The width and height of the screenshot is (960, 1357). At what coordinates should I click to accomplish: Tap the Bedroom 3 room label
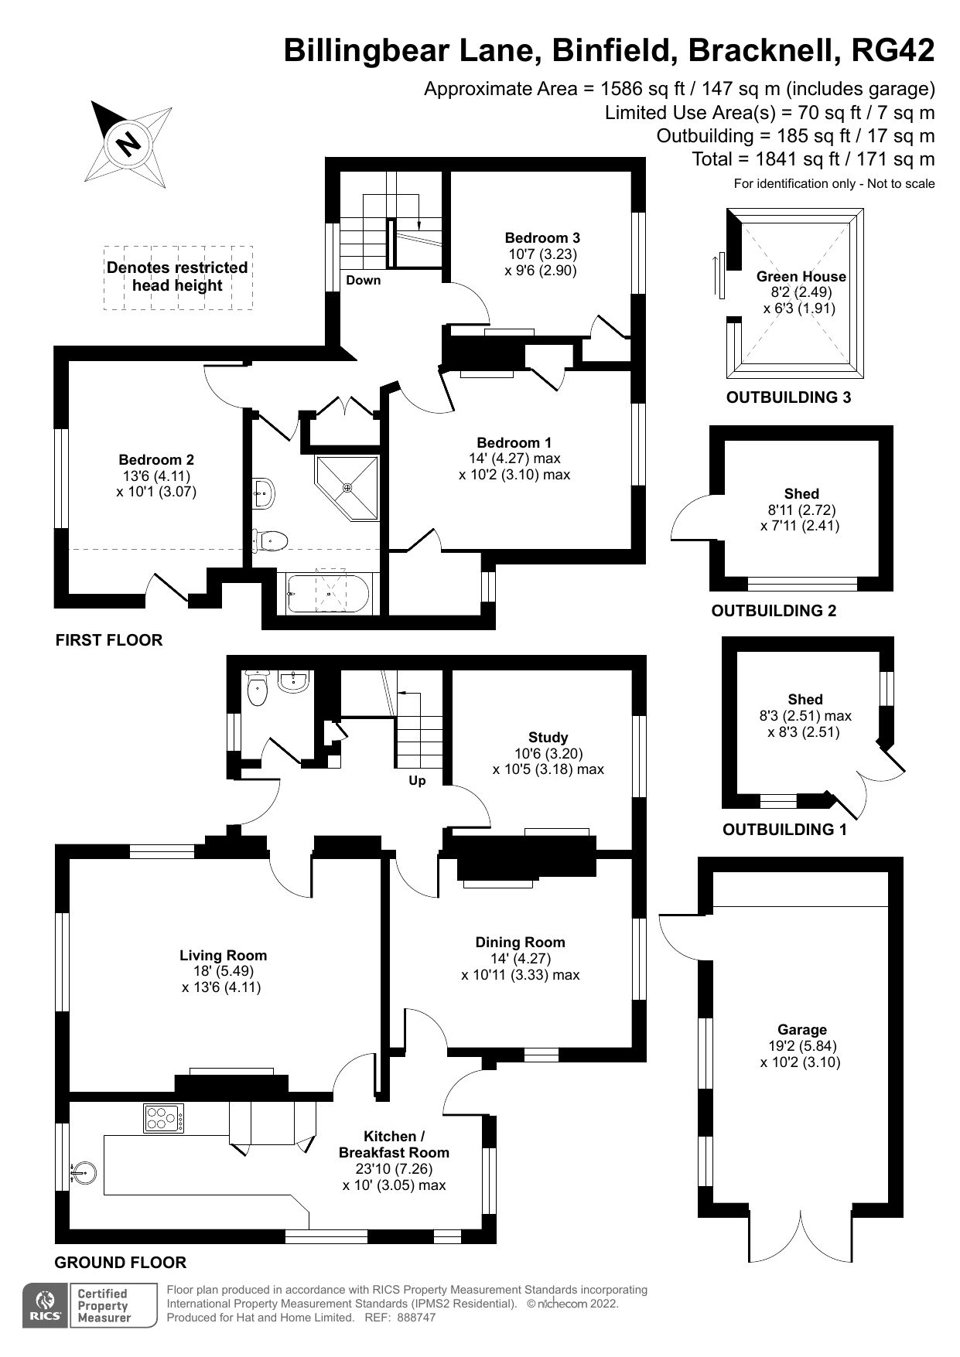541,238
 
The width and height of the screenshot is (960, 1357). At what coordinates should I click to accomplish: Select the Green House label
801,277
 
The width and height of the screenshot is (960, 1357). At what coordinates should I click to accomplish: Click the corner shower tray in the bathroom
348,487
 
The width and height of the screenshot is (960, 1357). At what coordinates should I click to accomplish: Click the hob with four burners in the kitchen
164,1118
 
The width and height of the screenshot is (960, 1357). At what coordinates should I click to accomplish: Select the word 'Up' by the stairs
417,781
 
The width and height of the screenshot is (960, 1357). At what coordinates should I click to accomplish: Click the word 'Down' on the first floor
363,280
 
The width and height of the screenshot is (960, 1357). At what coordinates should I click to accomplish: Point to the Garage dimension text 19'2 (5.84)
802,1046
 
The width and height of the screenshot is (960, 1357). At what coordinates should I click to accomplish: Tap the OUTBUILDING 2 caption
774,611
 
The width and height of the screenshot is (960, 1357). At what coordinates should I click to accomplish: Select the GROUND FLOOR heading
120,1263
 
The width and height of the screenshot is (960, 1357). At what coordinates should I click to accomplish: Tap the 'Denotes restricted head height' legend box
178,277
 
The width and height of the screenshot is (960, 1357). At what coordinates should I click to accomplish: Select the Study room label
548,738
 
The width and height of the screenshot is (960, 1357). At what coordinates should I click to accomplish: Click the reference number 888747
415,1318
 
